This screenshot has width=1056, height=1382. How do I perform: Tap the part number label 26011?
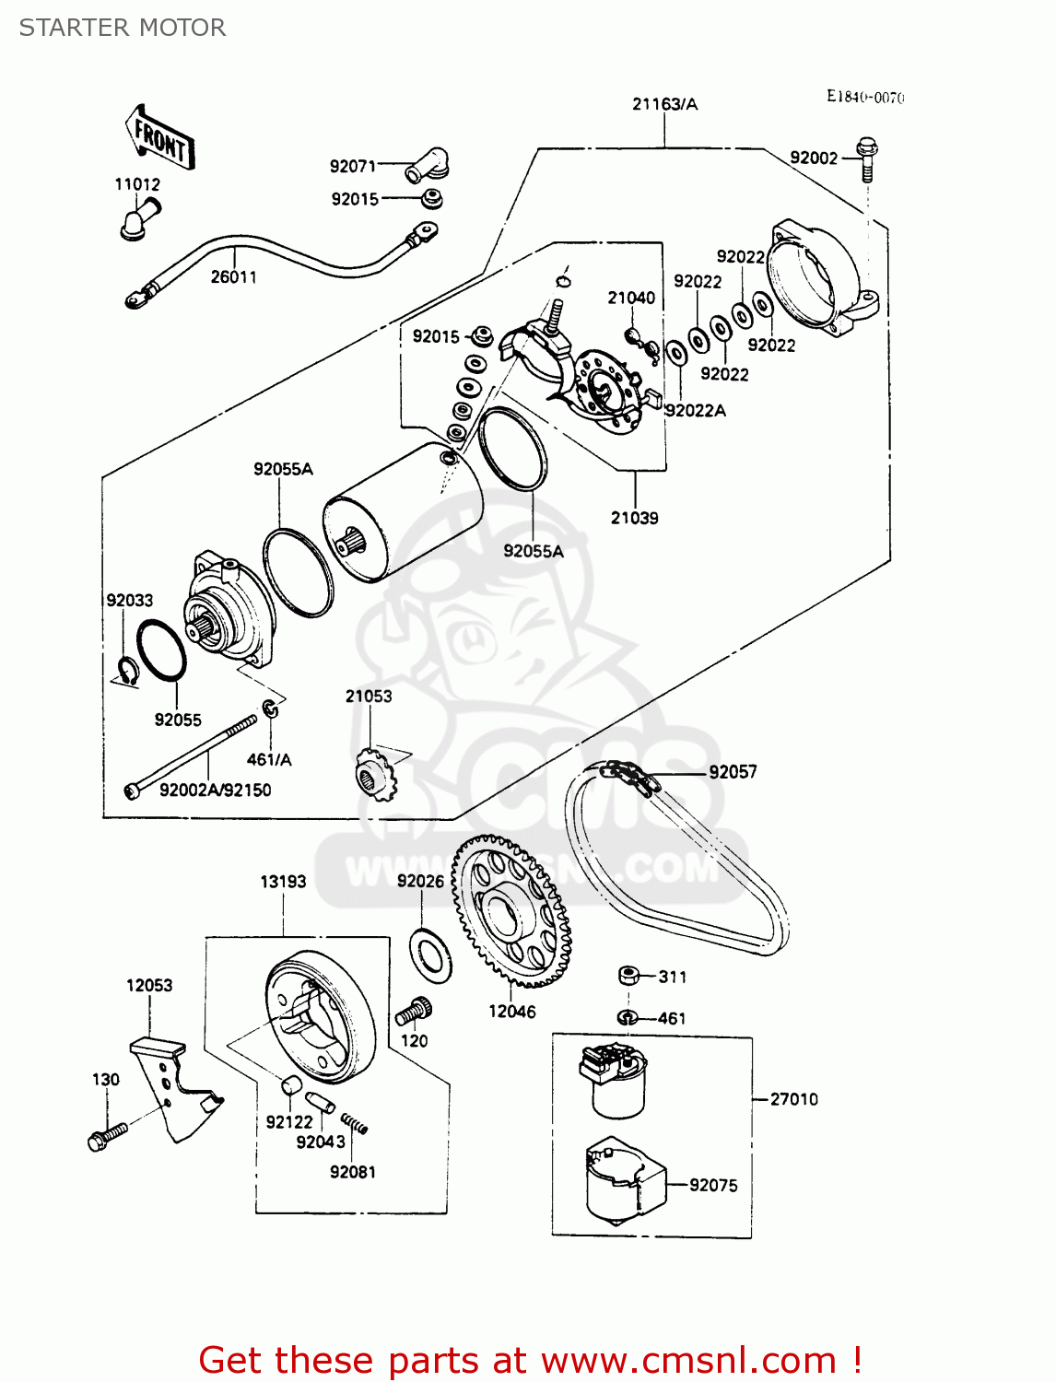pyautogui.click(x=233, y=276)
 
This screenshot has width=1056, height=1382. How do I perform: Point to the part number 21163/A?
pyautogui.click(x=664, y=104)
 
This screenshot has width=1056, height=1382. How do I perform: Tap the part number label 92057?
pyautogui.click(x=733, y=772)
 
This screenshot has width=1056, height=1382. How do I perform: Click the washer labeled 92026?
pyautogui.click(x=430, y=956)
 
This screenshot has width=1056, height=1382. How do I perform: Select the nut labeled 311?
pyautogui.click(x=629, y=976)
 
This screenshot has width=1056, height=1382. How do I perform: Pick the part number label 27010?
pyautogui.click(x=793, y=1099)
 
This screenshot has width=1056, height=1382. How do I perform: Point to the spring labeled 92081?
pyautogui.click(x=355, y=1124)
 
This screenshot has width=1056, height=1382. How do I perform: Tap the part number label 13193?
pyautogui.click(x=283, y=882)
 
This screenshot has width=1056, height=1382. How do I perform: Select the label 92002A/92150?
pyautogui.click(x=216, y=791)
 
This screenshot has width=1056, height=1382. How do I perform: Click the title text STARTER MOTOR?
pyautogui.click(x=123, y=28)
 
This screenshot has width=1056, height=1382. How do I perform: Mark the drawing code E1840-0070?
pyautogui.click(x=865, y=97)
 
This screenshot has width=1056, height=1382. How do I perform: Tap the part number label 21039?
pyautogui.click(x=634, y=518)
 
